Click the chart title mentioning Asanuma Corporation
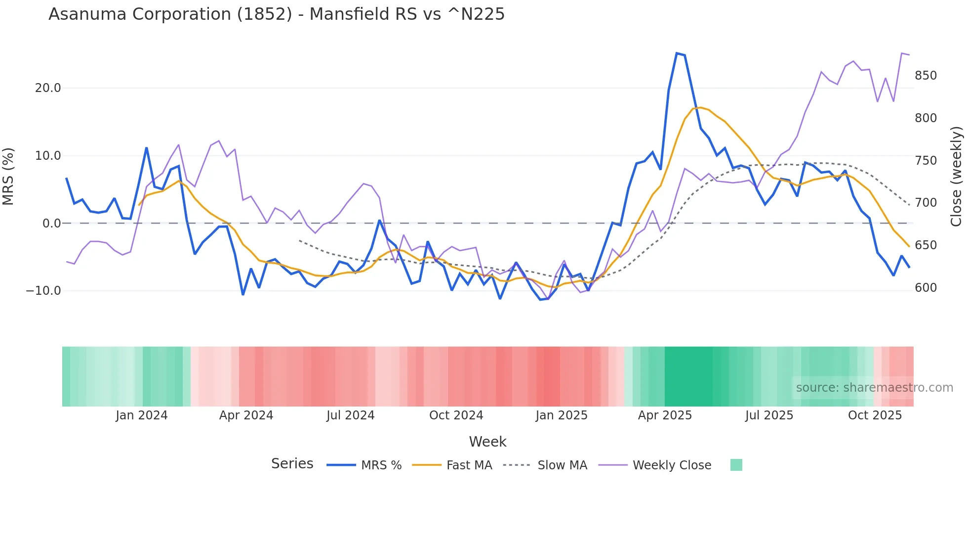click(x=277, y=14)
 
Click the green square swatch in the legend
click(x=736, y=465)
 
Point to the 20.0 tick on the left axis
click(x=48, y=88)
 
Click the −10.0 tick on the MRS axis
click(x=43, y=291)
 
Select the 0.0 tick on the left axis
click(x=51, y=224)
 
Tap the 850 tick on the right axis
click(x=926, y=76)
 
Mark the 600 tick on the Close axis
click(x=926, y=288)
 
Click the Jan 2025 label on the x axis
click(x=562, y=415)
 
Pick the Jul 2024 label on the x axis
click(x=351, y=415)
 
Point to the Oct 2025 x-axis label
click(x=875, y=415)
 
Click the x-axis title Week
click(x=487, y=442)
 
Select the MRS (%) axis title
click(x=8, y=176)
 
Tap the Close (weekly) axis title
click(x=957, y=176)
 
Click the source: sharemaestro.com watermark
click(x=874, y=388)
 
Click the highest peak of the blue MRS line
click(x=677, y=53)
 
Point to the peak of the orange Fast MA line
click(x=700, y=107)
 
